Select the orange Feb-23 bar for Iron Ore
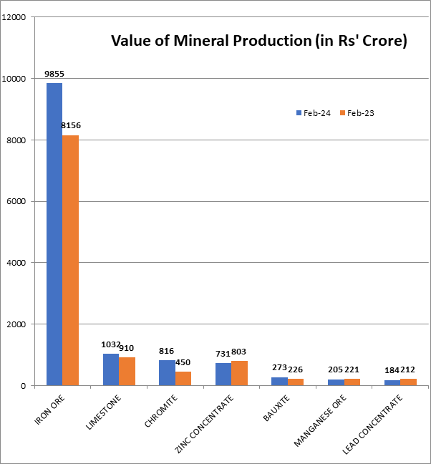click(x=70, y=261)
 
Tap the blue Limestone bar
click(x=111, y=369)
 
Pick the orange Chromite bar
click(x=183, y=378)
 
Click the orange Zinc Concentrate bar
click(x=240, y=373)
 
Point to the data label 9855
click(x=54, y=74)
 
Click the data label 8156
click(x=71, y=126)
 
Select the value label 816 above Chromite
click(x=167, y=351)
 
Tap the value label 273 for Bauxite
click(x=280, y=368)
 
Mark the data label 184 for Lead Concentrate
click(x=392, y=370)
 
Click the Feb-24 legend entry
click(x=313, y=113)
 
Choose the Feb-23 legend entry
click(x=358, y=113)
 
